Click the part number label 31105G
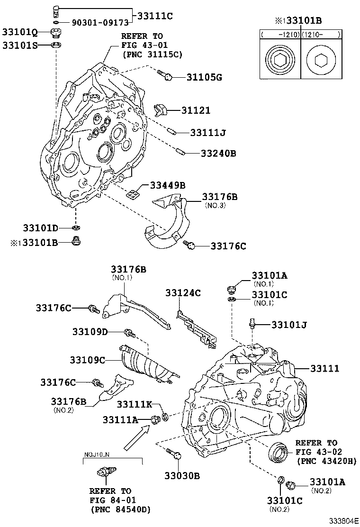click(204, 77)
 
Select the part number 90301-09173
click(100, 23)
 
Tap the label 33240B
click(218, 154)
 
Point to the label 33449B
click(168, 185)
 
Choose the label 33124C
click(183, 293)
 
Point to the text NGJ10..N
click(98, 454)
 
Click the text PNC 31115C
click(152, 55)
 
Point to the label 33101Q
click(20, 32)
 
